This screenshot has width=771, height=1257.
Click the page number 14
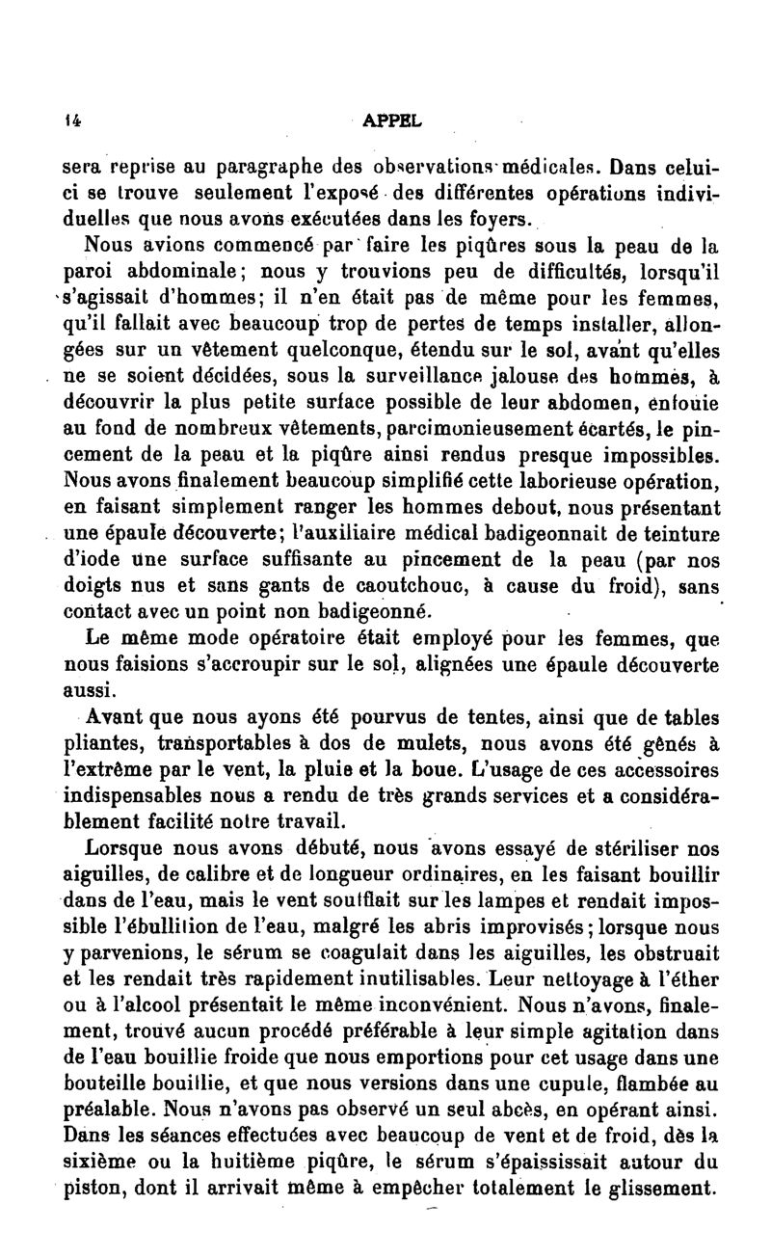point(71,122)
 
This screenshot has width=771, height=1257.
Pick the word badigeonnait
point(565,533)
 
